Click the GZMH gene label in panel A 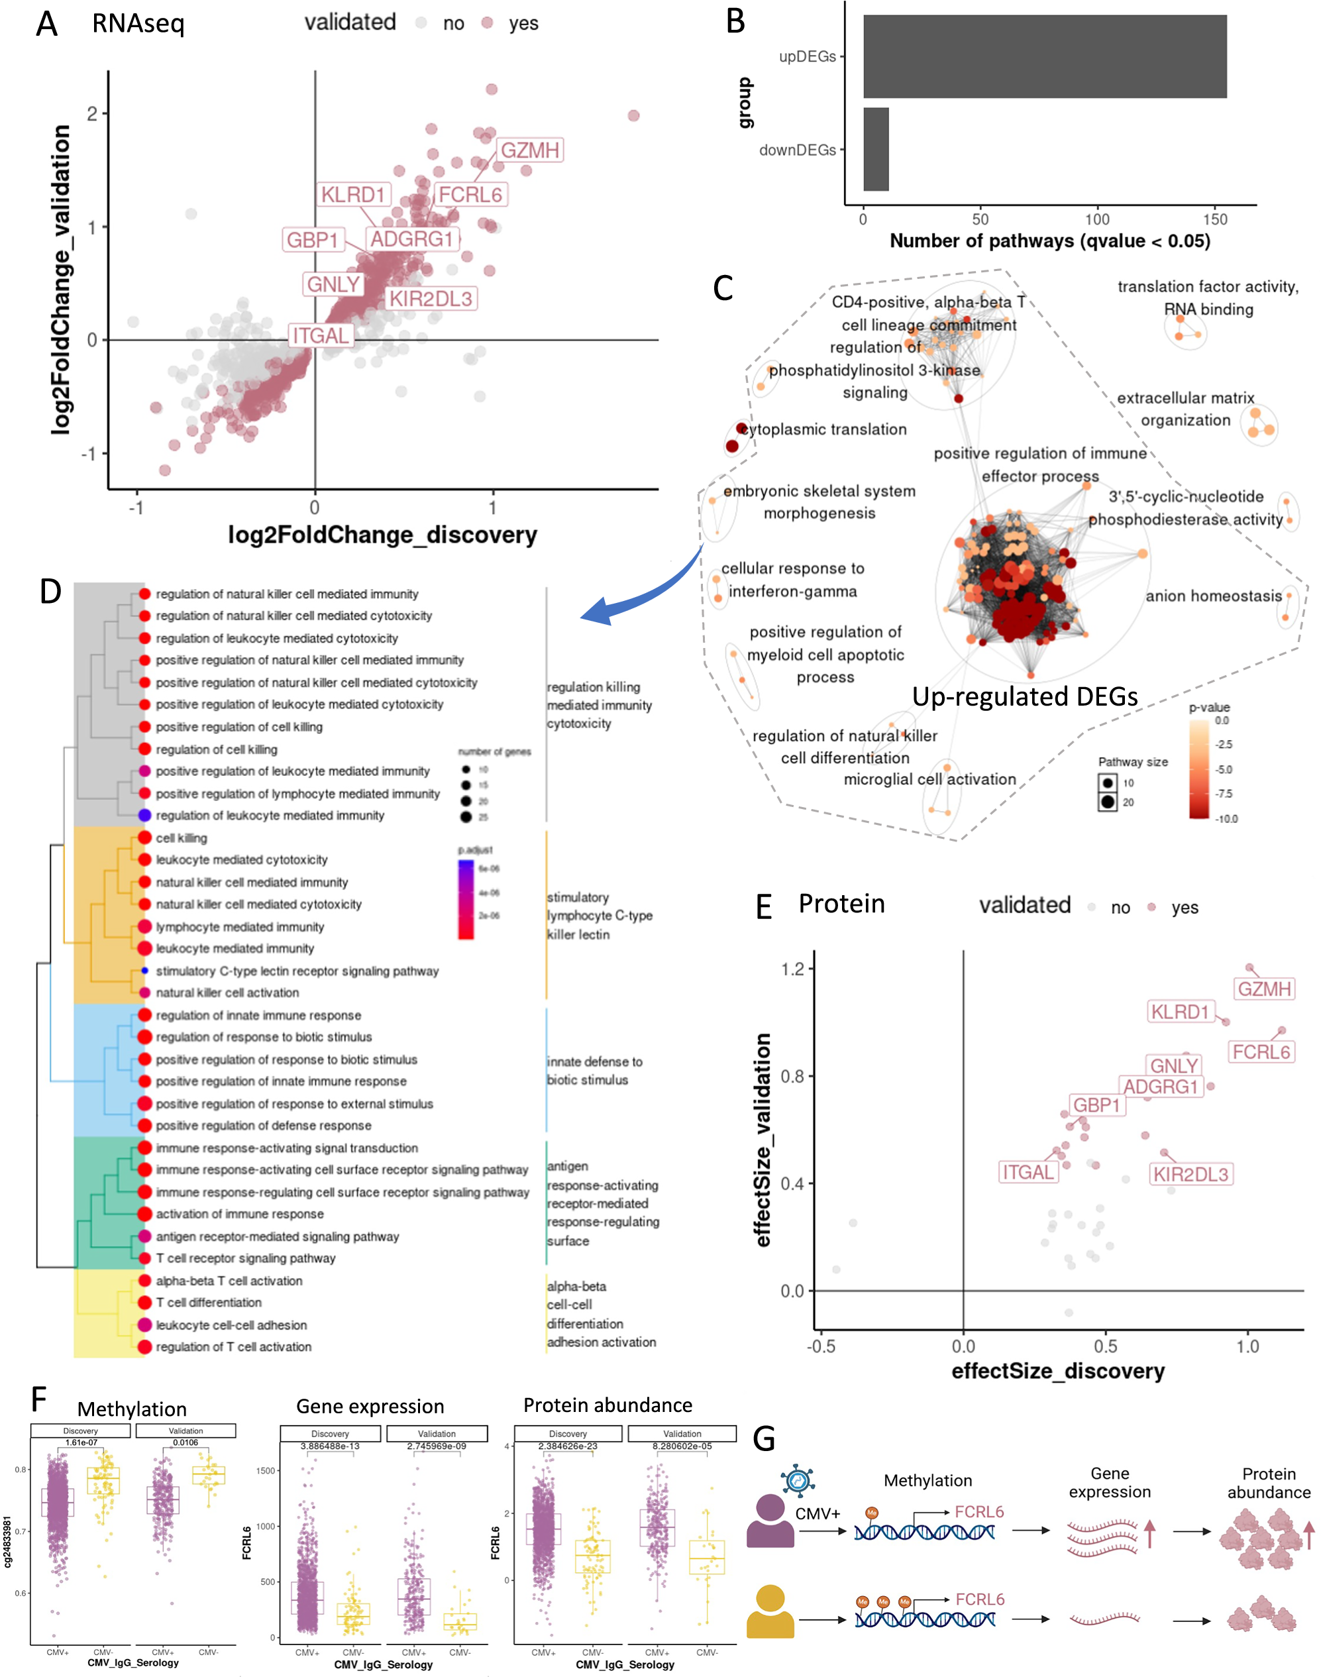pos(530,150)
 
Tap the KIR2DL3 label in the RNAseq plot pos(430,299)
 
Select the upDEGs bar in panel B pos(1044,56)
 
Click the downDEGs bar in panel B pos(876,149)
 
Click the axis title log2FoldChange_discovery pos(382,535)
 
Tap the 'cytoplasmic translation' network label pos(824,429)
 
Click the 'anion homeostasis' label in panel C pos(1214,596)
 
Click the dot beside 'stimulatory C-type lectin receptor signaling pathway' pos(144,971)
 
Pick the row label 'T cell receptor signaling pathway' pos(245,1258)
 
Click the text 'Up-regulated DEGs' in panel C pos(1025,696)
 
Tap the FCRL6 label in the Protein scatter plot pos(1261,1052)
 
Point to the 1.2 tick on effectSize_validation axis pos(793,969)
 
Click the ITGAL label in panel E pos(1028,1172)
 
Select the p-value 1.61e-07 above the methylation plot pos(81,1442)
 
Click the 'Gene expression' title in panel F pos(370,1406)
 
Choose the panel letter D pos(50,592)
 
